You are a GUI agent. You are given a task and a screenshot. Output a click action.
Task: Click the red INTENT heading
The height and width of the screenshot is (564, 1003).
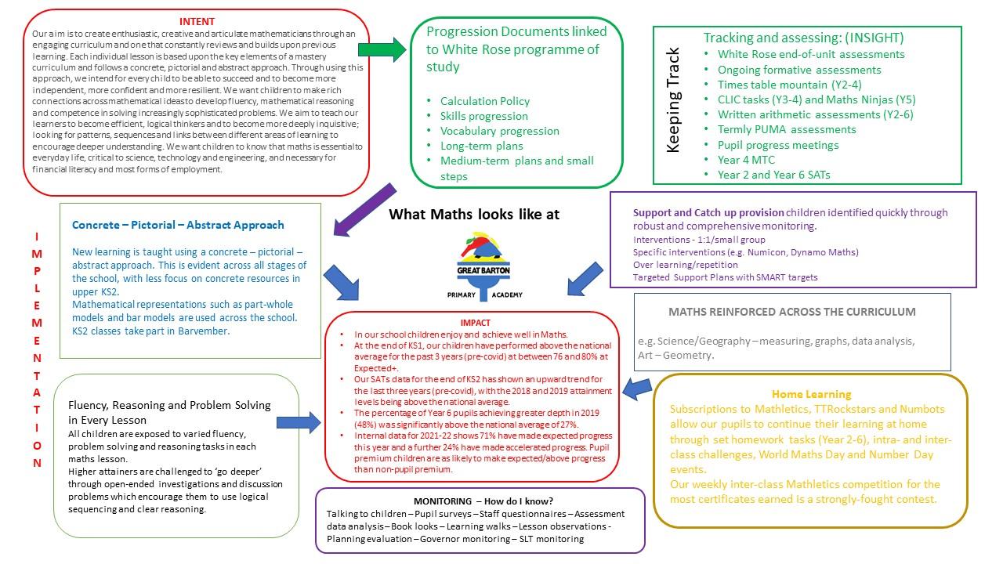coord(197,21)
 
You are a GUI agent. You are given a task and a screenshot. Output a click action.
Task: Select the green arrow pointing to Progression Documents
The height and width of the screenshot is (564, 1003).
coord(382,50)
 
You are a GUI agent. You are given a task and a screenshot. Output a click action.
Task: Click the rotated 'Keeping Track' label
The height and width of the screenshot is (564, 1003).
coord(673,100)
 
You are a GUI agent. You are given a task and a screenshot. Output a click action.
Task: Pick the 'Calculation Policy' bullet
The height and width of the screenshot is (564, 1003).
coord(484,101)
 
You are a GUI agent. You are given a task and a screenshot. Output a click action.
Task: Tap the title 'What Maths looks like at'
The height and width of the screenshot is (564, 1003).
coord(474,214)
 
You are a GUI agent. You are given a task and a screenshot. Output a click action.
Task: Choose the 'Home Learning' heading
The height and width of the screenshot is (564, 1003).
coord(811,394)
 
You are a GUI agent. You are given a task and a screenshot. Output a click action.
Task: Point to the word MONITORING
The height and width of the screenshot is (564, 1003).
coord(442,501)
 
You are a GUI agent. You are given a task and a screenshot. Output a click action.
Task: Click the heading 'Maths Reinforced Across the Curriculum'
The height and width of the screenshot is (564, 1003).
coord(791,312)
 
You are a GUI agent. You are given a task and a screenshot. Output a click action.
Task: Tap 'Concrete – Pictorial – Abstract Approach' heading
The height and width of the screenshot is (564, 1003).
coord(178,225)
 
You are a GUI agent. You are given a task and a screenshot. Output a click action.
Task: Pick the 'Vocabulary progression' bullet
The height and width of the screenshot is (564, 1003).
coord(499,131)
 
